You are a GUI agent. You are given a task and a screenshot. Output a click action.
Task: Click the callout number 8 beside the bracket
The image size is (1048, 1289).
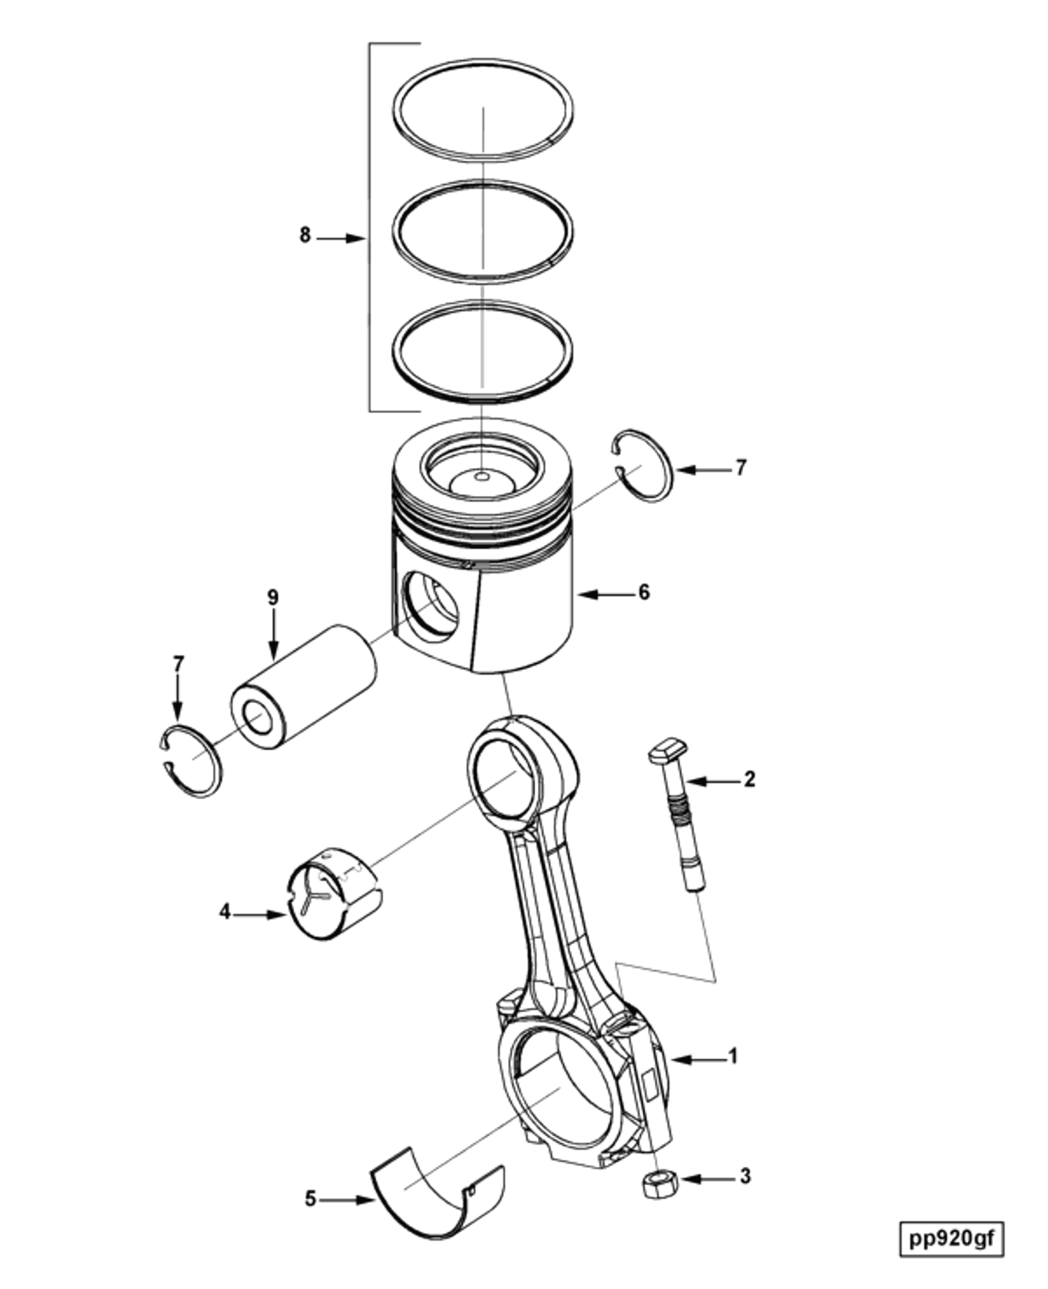[305, 236]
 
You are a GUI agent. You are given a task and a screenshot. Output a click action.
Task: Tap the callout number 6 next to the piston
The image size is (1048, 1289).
[644, 592]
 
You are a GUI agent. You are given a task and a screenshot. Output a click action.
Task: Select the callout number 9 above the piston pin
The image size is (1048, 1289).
[273, 598]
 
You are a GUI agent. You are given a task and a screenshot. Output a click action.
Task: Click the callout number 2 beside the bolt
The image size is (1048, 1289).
[749, 779]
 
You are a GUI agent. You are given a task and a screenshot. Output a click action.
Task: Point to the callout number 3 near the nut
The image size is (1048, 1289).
[745, 1177]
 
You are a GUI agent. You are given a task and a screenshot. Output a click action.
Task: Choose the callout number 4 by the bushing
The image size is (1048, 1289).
[225, 913]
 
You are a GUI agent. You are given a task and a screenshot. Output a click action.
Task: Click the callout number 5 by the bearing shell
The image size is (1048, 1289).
[311, 1199]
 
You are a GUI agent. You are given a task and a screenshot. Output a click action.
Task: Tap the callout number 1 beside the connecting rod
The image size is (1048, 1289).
[734, 1056]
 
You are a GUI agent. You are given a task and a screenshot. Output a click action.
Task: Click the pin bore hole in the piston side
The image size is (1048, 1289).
[432, 608]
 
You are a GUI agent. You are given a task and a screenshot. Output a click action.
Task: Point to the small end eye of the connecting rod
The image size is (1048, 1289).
[505, 778]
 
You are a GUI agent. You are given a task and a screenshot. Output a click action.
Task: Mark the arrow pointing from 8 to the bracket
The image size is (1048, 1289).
[340, 238]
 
